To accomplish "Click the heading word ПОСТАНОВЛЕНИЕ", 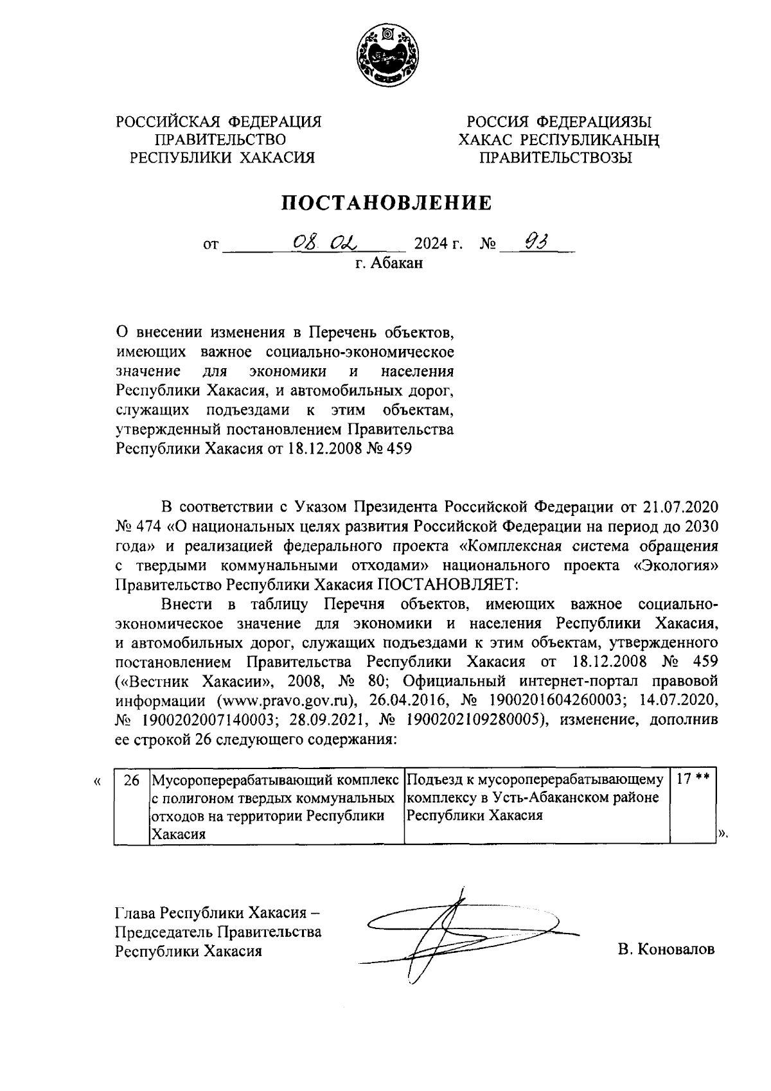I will (x=388, y=203).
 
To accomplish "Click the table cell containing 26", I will (x=131, y=781).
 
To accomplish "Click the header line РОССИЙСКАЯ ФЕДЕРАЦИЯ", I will (x=218, y=122).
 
